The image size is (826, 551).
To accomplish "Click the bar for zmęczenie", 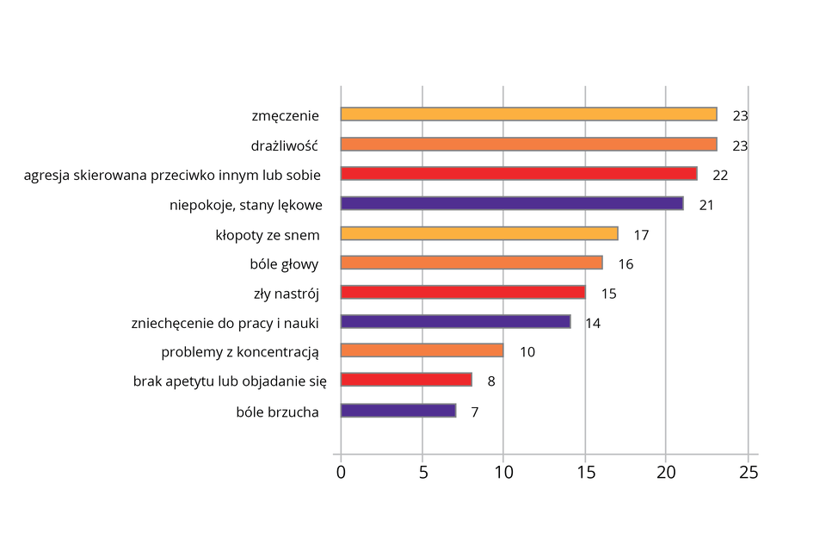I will coord(528,115).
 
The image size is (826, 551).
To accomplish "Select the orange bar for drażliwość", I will coord(528,145).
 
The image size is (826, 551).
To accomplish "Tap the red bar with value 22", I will coord(519,174).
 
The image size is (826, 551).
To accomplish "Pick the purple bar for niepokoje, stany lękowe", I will coord(512,204).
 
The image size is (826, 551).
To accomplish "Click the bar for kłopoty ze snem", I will coord(479,233).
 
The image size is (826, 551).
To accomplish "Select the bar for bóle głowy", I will coord(472,263).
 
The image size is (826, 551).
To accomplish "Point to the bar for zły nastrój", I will coord(463,292).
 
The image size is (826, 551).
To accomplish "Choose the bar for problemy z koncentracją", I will coord(422,350).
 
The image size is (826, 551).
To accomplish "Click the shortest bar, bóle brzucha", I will coord(398,411).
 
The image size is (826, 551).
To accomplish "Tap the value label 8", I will coord(490,381).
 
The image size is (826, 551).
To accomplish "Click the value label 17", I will coord(641,235).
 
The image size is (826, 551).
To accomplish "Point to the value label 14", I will coord(593,323).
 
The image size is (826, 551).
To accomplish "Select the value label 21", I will coord(706,205).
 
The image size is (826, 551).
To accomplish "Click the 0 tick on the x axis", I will coord(341,473).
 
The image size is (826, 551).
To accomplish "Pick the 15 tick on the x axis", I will coord(585,473).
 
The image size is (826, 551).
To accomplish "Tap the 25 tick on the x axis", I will coord(749,473).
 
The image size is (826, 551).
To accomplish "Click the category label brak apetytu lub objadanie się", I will coord(225,381).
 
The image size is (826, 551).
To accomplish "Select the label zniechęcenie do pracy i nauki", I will coord(225,324).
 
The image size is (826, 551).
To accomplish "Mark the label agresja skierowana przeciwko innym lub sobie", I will coord(172,175).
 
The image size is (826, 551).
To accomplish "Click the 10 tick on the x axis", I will coord(503,473).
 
